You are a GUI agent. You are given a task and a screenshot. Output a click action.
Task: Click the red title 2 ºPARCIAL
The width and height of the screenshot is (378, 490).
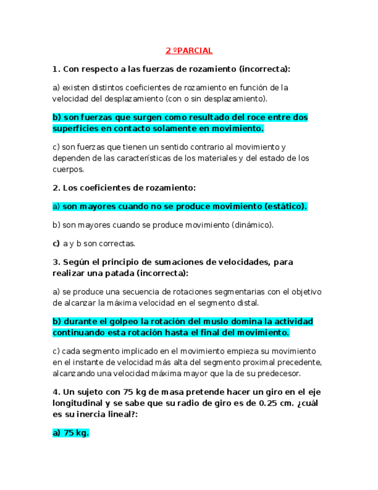(x=189, y=51)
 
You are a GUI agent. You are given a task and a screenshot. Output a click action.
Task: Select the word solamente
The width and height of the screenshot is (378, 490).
(x=177, y=128)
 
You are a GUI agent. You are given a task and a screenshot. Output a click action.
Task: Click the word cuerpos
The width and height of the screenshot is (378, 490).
(x=68, y=169)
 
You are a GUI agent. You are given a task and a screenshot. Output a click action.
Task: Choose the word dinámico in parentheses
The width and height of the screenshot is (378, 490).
(x=251, y=225)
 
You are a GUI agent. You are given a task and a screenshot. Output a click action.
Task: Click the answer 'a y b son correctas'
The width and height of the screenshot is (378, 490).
(x=99, y=243)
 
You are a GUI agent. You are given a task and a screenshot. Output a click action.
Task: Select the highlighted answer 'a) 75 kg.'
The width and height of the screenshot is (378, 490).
(x=70, y=433)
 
